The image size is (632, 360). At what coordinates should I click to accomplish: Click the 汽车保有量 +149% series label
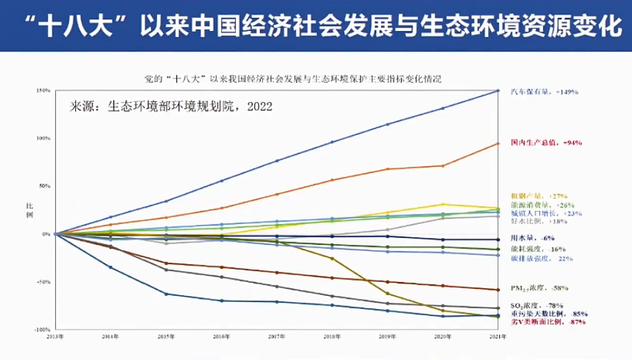(544, 91)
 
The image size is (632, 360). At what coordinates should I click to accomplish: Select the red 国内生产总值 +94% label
(547, 143)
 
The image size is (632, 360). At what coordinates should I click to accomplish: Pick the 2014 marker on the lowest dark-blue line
(110, 267)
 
